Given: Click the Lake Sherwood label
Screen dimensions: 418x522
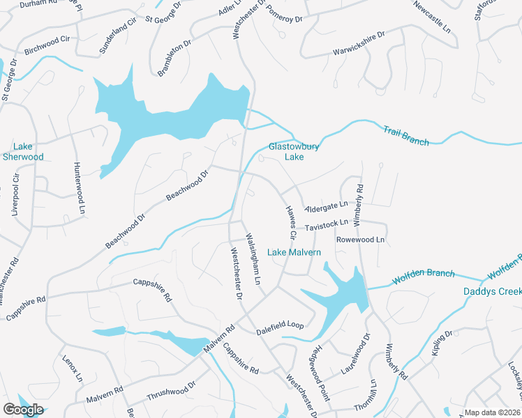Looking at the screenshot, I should (28, 151).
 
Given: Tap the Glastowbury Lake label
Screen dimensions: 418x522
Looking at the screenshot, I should (286, 151).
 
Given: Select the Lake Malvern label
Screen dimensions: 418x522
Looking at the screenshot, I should (294, 252).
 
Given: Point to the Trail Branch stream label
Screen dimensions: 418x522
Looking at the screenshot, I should (405, 135).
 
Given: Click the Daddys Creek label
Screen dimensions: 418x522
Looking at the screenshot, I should (492, 291).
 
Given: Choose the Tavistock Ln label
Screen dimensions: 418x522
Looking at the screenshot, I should (327, 224).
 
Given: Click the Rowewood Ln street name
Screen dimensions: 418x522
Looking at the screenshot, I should (361, 240).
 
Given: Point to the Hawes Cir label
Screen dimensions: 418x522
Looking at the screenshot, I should (292, 223).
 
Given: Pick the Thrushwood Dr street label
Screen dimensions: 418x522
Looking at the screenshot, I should (172, 390).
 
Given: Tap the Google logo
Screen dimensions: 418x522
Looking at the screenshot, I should (22, 410).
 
